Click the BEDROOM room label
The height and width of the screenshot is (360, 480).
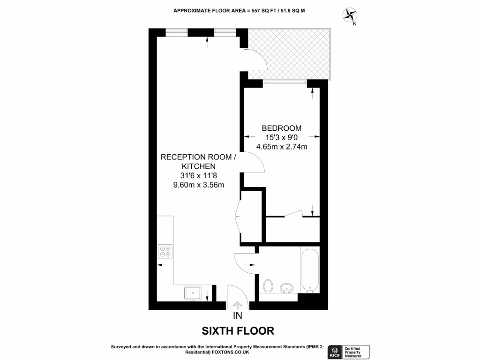click(281, 128)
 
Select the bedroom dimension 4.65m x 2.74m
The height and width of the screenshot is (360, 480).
click(281, 147)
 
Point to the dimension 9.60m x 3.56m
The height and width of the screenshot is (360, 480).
click(199, 185)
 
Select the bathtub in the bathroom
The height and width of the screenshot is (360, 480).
click(310, 270)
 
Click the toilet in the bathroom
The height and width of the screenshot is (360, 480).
click(269, 286)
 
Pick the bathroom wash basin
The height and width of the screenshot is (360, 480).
click(286, 287)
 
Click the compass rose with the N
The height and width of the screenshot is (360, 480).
click(349, 15)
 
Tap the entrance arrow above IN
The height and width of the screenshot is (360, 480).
click(238, 305)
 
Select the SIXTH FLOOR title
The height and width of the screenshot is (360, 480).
click(238, 331)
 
